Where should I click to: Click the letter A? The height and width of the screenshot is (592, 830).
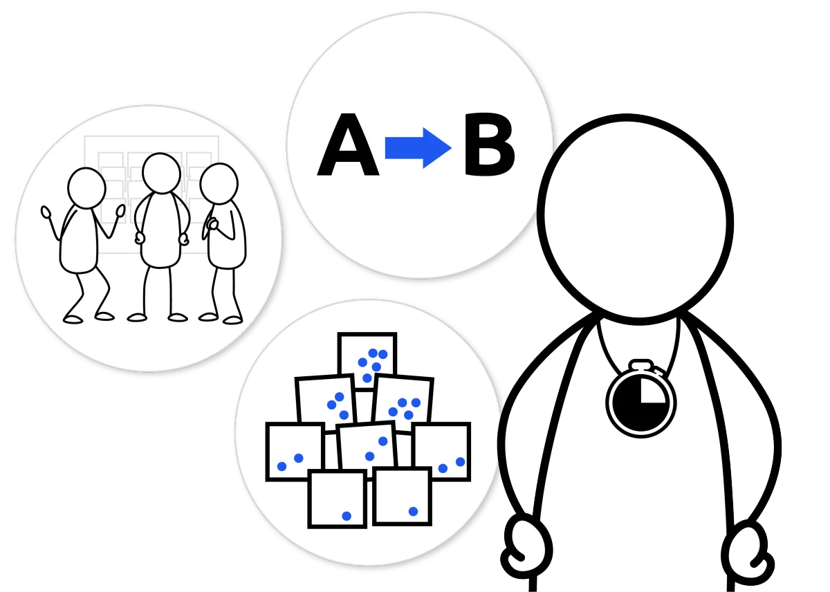point(348,148)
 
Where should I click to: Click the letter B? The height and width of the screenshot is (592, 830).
point(489,148)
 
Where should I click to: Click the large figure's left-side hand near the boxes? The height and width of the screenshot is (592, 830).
point(528,546)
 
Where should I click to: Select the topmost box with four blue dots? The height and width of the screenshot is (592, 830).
point(367,358)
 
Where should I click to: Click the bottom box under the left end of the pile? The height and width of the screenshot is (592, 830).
point(337,499)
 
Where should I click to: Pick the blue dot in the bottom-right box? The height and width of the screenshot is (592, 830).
point(413,511)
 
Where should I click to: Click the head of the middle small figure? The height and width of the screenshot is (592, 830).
point(161,174)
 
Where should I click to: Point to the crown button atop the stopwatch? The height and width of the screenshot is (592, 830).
point(640,364)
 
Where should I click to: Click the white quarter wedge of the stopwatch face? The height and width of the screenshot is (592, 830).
point(652,389)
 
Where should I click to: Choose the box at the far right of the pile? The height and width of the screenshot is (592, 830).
point(443,451)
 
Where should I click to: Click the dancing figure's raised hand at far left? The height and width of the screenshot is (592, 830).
point(47,212)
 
